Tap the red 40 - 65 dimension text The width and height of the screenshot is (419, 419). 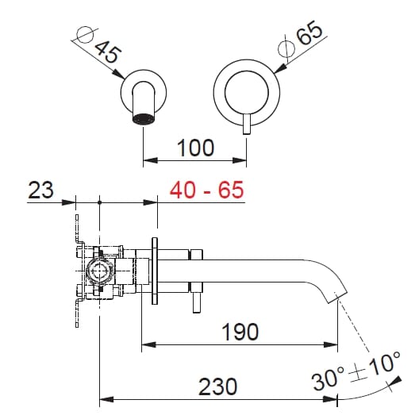click(206, 190)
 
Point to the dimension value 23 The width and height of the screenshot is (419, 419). click(41, 190)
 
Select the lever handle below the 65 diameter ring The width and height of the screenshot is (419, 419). click(247, 124)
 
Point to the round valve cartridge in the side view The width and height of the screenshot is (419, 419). click(100, 271)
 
